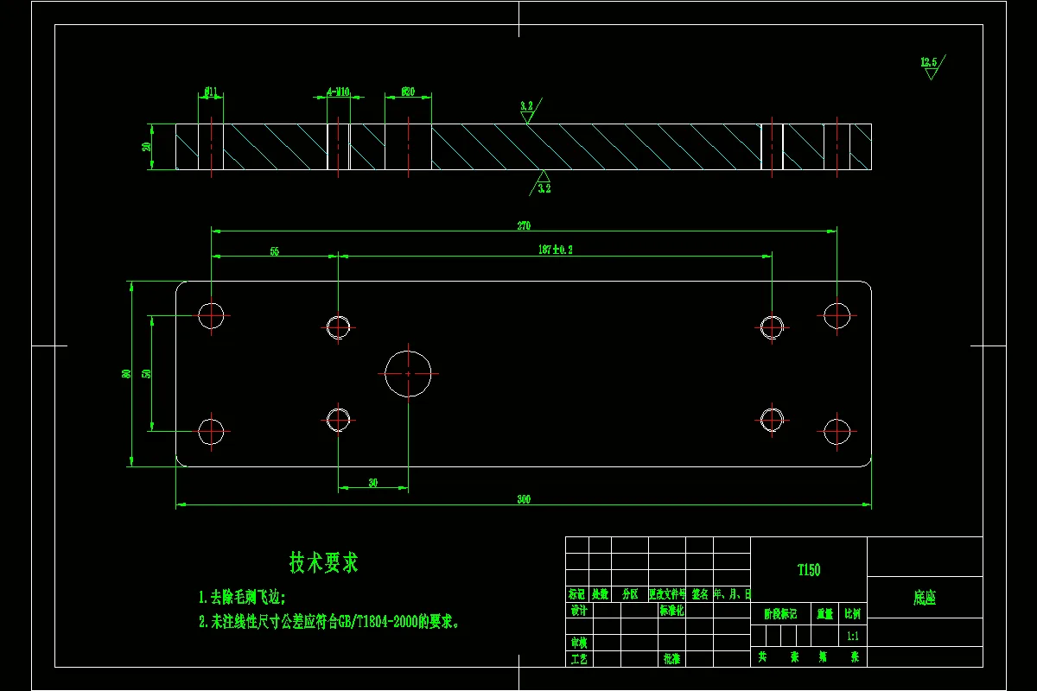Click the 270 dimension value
524,226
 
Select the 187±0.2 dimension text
556,250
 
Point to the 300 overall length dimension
524,499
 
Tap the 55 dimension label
275,251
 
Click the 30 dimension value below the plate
372,483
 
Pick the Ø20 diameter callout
408,91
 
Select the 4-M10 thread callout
338,91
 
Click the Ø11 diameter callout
211,91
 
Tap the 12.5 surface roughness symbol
930,66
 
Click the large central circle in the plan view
408,373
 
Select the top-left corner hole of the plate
211,315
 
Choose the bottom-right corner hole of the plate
837,431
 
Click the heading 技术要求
323,563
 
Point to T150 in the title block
809,570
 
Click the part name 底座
925,598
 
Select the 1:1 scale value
852,636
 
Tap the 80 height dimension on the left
126,374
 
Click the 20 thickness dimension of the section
147,146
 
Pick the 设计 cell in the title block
578,611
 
